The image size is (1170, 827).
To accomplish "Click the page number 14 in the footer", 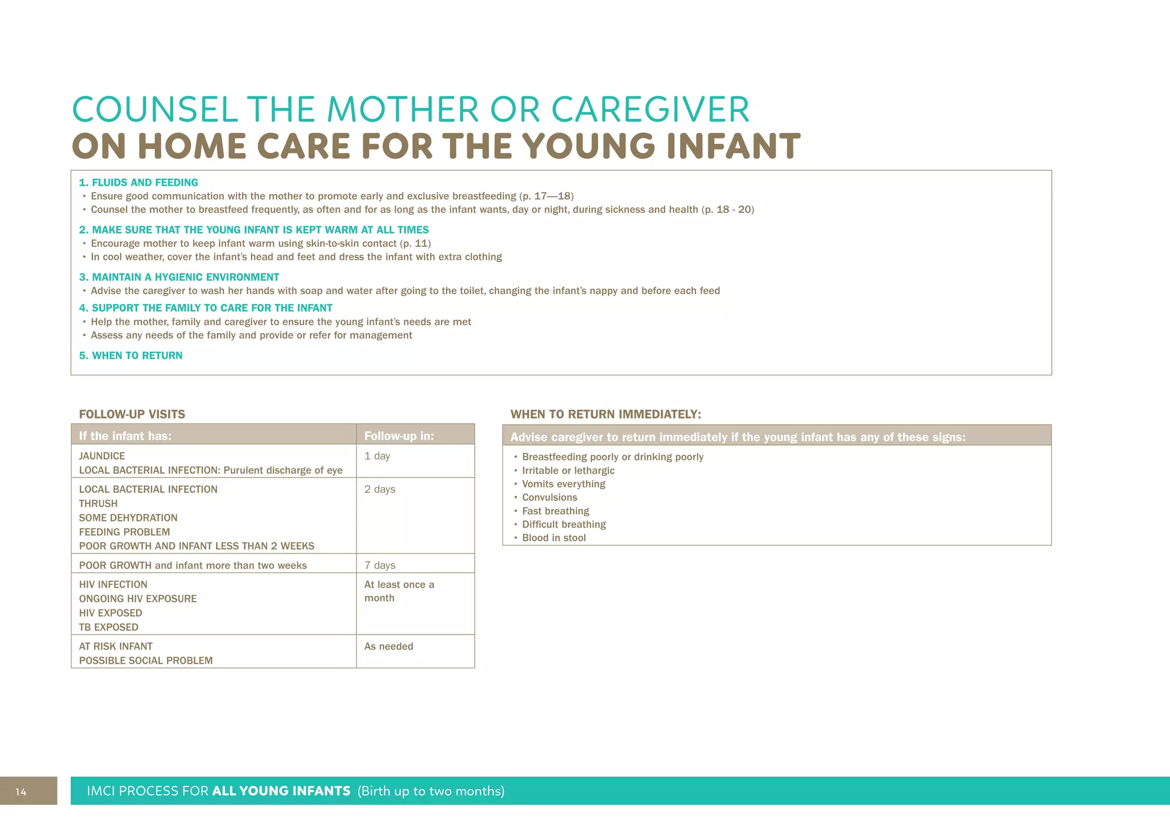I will (x=21, y=792).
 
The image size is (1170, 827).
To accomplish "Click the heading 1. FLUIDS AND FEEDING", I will (x=138, y=183).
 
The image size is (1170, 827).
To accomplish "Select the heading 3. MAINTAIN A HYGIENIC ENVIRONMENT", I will (x=179, y=278).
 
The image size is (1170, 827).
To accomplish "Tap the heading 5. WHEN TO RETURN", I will (x=131, y=356).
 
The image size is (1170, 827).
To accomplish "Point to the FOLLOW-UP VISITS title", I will (x=132, y=415).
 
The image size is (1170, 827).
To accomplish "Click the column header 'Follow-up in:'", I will (x=399, y=436).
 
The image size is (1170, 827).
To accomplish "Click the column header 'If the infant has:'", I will (x=125, y=436).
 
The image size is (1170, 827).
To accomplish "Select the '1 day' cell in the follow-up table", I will (x=377, y=456).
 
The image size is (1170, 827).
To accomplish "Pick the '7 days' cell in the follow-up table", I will (x=380, y=565).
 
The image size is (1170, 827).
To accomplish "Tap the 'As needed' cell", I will (x=388, y=647).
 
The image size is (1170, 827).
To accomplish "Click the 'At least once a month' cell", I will (x=399, y=592).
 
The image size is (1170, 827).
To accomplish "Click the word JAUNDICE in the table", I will (x=102, y=456).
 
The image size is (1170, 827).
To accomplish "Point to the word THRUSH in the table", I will (x=98, y=504).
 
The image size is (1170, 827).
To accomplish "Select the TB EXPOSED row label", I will (x=109, y=627).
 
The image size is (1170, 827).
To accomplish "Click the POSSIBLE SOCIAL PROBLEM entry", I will (x=146, y=661).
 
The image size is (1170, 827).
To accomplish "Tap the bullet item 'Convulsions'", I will (x=549, y=497).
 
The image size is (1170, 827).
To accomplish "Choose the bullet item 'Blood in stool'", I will (x=554, y=538).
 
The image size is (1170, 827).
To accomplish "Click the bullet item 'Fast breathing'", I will (x=555, y=511).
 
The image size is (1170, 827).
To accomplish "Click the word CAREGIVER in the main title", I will (x=650, y=110).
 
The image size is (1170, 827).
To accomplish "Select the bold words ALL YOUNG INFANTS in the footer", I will (x=281, y=792).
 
